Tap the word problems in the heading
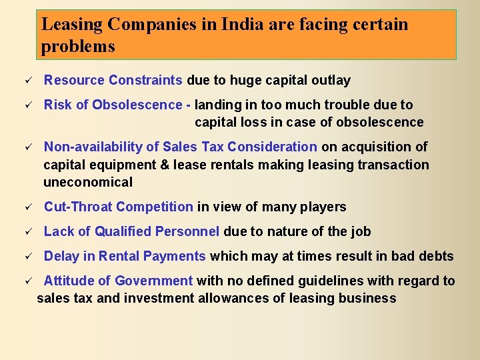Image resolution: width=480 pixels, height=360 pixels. tap(78, 47)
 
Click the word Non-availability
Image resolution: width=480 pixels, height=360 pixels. tap(89, 147)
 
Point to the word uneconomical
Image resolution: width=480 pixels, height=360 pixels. tap(88, 182)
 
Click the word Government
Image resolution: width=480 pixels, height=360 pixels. tap(154, 281)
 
